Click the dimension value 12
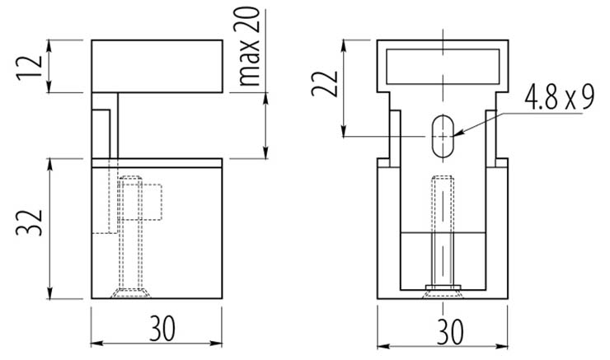coord(27,66)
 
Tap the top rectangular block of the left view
coord(157,65)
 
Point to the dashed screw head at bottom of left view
coord(129,292)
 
